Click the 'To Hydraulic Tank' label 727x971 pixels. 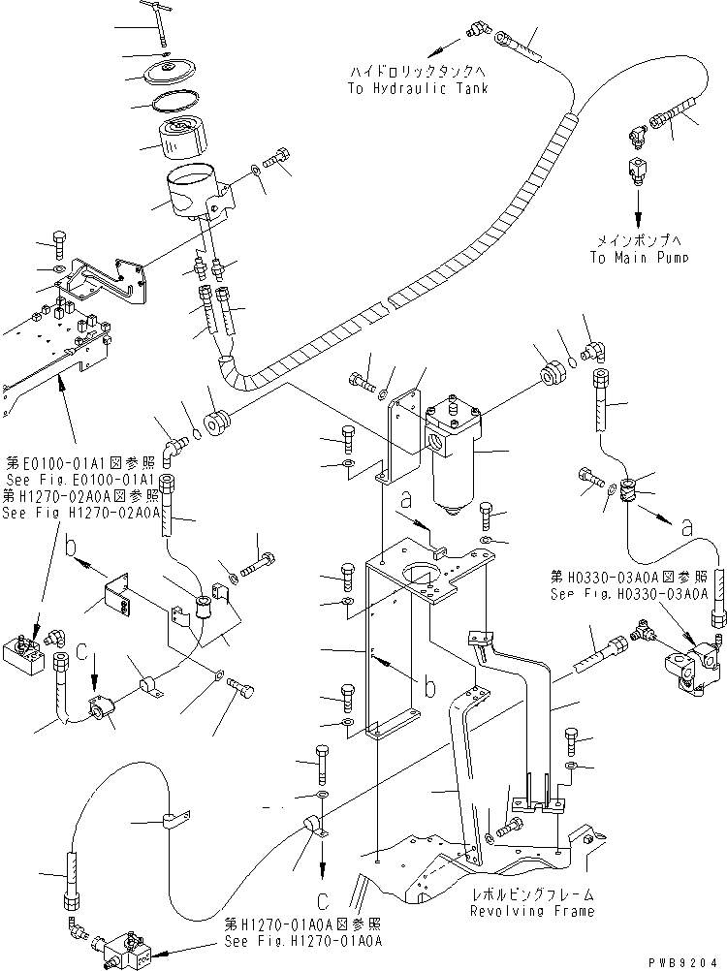point(416,88)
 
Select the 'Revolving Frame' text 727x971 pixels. point(532,911)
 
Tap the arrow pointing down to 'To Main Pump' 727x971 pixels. point(638,207)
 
